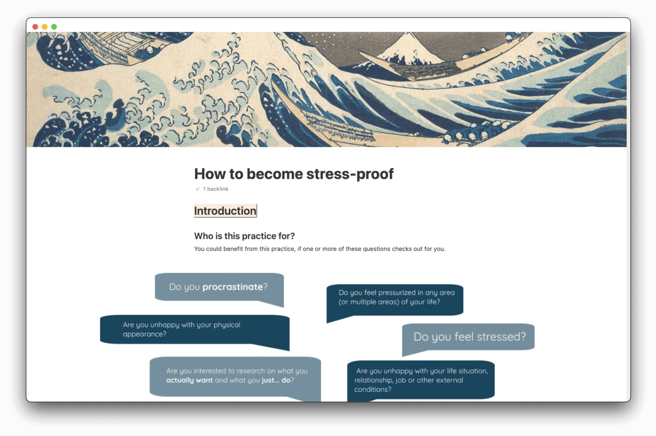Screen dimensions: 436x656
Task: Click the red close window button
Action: [x=35, y=27]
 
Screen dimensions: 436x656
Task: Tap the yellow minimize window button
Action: [x=45, y=27]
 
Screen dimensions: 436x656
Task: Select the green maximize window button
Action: [x=54, y=27]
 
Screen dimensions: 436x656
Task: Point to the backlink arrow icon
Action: [x=198, y=189]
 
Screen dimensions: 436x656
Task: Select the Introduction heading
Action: [x=225, y=211]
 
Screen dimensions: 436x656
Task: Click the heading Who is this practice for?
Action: [x=244, y=236]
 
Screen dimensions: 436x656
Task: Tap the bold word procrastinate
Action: [x=232, y=287]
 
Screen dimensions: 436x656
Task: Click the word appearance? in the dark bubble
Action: [x=145, y=334]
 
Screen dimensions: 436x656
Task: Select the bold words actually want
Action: [x=189, y=380]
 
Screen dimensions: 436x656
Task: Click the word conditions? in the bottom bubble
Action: [x=373, y=389]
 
